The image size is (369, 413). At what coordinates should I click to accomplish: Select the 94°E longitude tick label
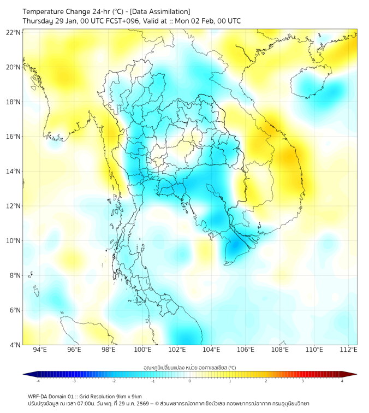pos(40,350)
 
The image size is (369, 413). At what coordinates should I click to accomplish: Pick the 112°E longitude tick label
pos(348,350)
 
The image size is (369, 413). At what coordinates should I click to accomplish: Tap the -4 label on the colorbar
pos(37,381)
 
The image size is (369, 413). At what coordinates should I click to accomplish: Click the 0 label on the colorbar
pos(190,381)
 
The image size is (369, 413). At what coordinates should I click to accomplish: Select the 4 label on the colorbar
pos(342,381)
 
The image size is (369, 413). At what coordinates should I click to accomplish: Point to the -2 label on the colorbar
pos(113,381)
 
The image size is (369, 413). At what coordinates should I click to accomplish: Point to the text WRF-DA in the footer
pos(39,396)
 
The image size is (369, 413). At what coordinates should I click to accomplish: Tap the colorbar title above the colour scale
pos(189,367)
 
